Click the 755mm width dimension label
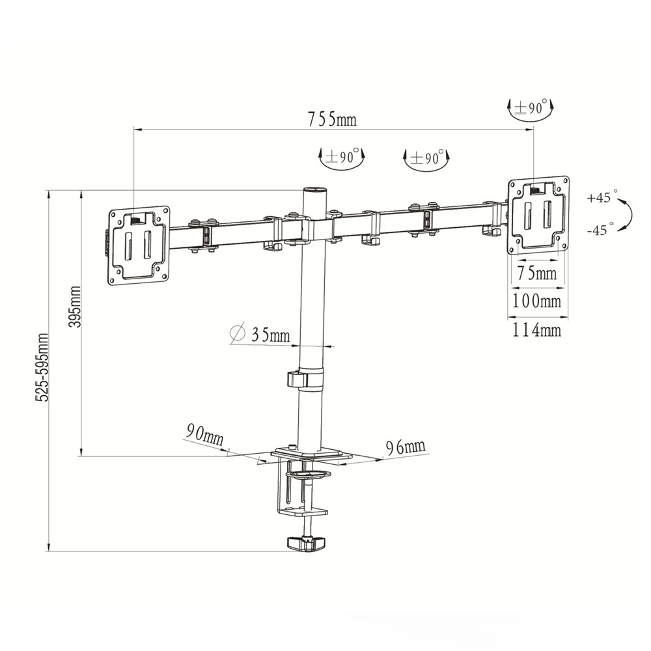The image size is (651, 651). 332,119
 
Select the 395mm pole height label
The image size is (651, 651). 75,307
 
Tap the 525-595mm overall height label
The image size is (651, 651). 42,367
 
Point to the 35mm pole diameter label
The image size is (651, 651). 270,334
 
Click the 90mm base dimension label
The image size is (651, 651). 204,434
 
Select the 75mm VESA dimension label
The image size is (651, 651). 537,273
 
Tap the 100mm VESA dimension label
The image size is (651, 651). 536,301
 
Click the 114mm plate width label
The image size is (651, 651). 536,330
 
